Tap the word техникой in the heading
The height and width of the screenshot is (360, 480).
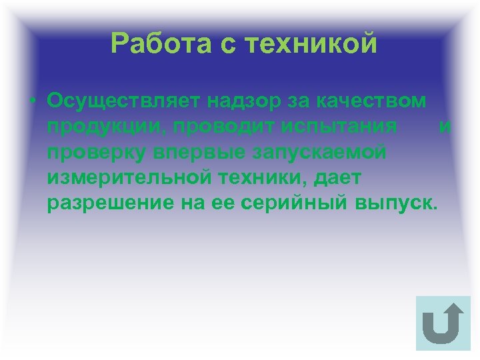coord(312,44)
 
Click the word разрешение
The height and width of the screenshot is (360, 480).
coord(110,203)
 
